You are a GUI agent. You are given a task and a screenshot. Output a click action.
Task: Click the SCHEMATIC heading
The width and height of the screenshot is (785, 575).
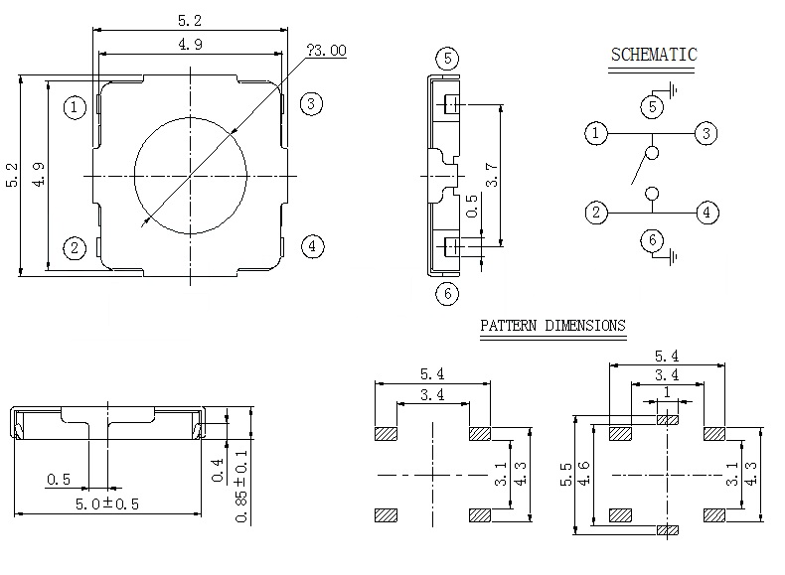pos(653,55)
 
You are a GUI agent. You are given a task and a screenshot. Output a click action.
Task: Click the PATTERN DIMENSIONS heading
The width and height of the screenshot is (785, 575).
pos(552,325)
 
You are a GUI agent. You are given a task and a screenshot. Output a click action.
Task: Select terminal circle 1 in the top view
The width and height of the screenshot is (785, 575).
pos(76,106)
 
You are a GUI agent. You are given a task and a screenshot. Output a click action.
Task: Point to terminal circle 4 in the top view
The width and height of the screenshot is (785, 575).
pos(312,246)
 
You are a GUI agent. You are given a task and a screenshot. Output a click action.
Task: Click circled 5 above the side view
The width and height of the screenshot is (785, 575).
pos(448,58)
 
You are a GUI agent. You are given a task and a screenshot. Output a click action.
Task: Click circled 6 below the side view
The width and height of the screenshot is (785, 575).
pos(448,293)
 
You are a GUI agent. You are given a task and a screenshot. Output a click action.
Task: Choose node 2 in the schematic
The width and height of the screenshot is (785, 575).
pos(596,212)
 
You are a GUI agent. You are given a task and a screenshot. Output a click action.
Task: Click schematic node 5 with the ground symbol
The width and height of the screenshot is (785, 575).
pos(653,106)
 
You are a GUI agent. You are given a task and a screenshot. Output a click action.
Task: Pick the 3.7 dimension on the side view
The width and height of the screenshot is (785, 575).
pos(491,177)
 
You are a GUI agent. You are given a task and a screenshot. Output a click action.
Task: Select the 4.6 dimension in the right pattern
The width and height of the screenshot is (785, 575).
pos(585,475)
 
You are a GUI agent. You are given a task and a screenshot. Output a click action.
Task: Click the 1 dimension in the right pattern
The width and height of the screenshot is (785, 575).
pos(667,392)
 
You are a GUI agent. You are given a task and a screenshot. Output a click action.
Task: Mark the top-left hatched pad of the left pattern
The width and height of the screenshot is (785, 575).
pos(386,434)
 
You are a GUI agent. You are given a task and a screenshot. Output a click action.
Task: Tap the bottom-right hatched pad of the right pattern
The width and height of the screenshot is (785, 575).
pos(713,515)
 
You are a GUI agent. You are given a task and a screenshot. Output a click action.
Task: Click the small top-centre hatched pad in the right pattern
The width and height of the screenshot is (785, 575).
pos(668,419)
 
